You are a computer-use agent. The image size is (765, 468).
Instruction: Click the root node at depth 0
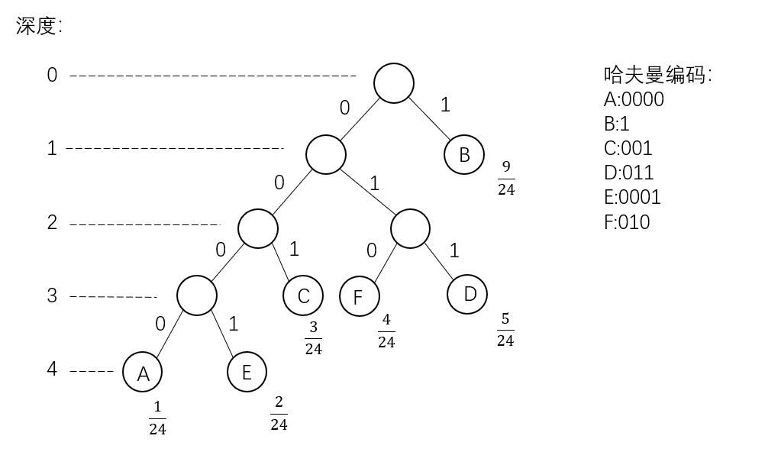pyautogui.click(x=394, y=82)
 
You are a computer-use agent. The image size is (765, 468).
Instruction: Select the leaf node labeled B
pyautogui.click(x=464, y=155)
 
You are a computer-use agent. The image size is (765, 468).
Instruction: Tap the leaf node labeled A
pyautogui.click(x=143, y=373)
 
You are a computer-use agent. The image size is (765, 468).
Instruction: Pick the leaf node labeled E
pyautogui.click(x=247, y=372)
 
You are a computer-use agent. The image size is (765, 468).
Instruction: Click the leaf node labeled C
pyautogui.click(x=303, y=296)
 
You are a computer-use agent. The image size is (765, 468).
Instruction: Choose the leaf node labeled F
pyautogui.click(x=359, y=296)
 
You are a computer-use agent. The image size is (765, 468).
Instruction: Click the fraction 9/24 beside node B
pyautogui.click(x=506, y=178)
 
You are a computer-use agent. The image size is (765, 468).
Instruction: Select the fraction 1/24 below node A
pyautogui.click(x=157, y=418)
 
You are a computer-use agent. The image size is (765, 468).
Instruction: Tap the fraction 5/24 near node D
pyautogui.click(x=505, y=330)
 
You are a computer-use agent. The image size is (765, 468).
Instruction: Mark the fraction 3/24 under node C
pyautogui.click(x=313, y=338)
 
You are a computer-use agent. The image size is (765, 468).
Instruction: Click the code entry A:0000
pyautogui.click(x=634, y=99)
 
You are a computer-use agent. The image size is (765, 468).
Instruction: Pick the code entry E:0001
pyautogui.click(x=632, y=197)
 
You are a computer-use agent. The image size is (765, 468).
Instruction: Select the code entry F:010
pyautogui.click(x=627, y=221)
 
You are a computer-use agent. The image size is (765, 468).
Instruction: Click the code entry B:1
pyautogui.click(x=616, y=124)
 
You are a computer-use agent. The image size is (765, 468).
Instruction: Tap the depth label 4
pyautogui.click(x=52, y=370)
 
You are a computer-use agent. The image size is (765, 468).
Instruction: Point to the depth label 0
pyautogui.click(x=52, y=75)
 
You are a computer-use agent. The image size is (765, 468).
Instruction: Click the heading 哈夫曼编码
pyautogui.click(x=657, y=75)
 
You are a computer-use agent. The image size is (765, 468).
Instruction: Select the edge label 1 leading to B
pyautogui.click(x=446, y=105)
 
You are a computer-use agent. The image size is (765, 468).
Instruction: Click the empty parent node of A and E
pyautogui.click(x=196, y=295)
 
